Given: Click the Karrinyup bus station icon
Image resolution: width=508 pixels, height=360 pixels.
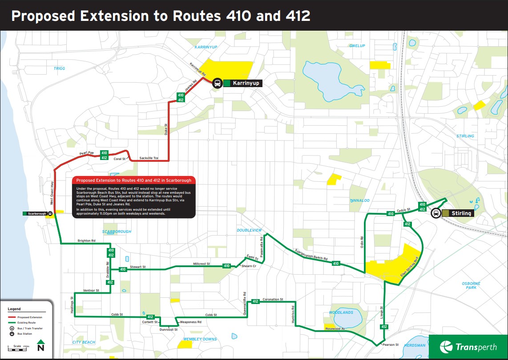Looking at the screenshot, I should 217,83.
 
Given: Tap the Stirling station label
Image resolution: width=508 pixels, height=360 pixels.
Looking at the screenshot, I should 461,213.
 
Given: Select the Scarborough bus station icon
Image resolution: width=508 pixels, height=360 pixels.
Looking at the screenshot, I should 50,213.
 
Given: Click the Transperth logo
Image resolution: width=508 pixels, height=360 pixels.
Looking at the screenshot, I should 468,347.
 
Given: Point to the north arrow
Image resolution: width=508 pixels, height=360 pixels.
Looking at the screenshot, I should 40,346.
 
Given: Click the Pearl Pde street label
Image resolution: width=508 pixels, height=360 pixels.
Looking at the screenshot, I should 87,153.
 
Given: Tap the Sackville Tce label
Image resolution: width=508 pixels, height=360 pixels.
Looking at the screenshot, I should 149,158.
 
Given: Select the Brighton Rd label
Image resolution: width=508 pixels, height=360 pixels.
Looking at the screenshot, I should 86,240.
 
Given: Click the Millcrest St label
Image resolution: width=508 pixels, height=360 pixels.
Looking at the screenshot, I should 202,264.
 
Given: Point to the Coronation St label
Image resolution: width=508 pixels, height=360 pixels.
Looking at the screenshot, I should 273,300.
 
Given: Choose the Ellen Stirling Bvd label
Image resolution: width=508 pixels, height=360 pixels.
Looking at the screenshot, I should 410,266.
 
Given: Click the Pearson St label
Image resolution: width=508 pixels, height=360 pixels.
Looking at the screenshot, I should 391,344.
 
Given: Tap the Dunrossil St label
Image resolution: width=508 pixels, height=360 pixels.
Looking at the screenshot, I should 169,330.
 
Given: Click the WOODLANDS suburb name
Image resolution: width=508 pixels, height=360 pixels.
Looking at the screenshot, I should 341,312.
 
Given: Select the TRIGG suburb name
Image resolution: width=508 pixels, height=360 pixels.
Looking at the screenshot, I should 59,68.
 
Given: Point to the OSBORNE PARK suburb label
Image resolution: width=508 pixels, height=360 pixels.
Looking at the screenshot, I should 471,285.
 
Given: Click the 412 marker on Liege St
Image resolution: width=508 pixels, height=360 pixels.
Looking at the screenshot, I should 384,327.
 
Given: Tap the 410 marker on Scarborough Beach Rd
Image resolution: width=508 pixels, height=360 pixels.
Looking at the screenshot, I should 336,264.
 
